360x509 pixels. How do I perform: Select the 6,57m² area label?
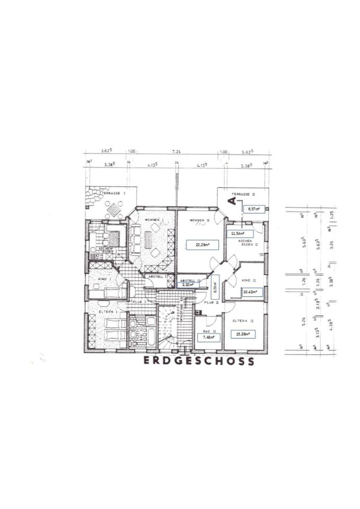[x=253, y=209]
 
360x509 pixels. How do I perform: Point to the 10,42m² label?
[x=251, y=291]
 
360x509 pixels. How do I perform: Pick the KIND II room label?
[x=249, y=280]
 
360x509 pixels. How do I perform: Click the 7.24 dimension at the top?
[x=175, y=152]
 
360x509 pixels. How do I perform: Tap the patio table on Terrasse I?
[x=113, y=212]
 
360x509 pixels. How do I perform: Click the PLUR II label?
[x=211, y=302]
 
